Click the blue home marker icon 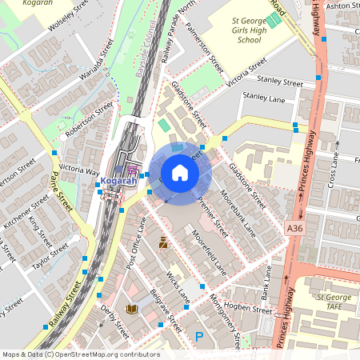[180, 173]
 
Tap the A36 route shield [295, 230]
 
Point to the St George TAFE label [335, 302]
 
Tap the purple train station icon [132, 170]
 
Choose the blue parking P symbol [198, 338]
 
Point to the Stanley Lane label [264, 96]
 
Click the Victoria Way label [79, 170]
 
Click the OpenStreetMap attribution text [80, 354]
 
